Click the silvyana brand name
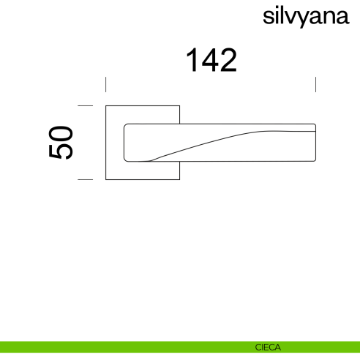click(x=304, y=18)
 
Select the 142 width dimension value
click(x=211, y=60)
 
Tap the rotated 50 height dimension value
click(x=61, y=143)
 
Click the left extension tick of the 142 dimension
click(x=106, y=83)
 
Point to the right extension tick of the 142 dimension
click(x=315, y=83)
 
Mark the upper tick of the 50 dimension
click(x=86, y=106)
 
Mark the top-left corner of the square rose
click(x=107, y=107)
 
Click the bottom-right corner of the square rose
click(x=179, y=179)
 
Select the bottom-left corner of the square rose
click(x=107, y=179)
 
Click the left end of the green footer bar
click(x=3, y=348)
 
